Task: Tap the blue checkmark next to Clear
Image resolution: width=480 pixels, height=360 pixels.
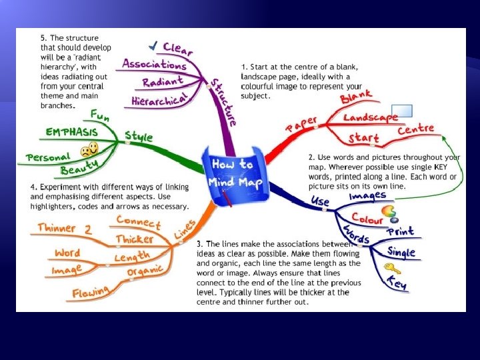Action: (x=154, y=45)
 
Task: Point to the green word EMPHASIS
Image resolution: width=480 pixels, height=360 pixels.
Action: (x=72, y=132)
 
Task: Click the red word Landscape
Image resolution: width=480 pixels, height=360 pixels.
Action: (x=370, y=117)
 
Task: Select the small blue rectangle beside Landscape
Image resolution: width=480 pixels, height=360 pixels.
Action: (x=401, y=111)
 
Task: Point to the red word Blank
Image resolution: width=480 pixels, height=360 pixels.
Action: (x=356, y=99)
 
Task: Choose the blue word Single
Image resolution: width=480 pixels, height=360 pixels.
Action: (x=401, y=251)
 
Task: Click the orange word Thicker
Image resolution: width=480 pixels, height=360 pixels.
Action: (x=135, y=239)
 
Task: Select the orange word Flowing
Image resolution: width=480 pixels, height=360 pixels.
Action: (x=91, y=292)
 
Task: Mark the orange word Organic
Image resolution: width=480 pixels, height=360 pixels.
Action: (x=145, y=272)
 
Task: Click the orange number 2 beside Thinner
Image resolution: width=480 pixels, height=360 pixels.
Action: (x=87, y=229)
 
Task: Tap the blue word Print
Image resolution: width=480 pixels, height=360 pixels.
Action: (x=401, y=231)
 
